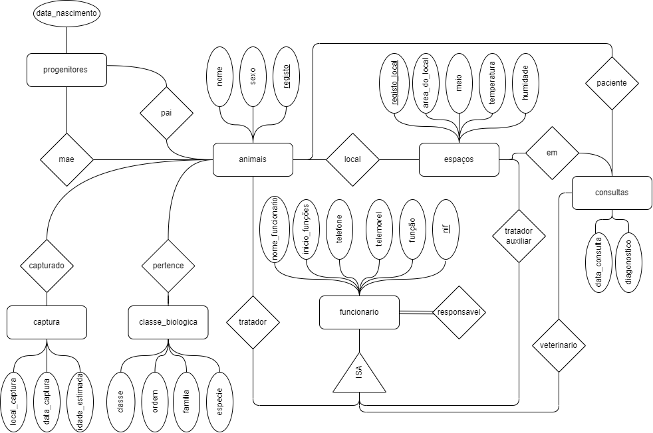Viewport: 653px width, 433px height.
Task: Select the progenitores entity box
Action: click(x=66, y=69)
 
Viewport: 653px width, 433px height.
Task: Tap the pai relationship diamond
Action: click(x=166, y=113)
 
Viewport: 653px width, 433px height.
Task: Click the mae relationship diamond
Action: click(x=66, y=159)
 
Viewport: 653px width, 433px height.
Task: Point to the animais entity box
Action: click(x=253, y=159)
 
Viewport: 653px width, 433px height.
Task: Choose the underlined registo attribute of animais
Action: click(x=286, y=76)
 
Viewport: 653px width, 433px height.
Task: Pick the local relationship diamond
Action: click(x=352, y=159)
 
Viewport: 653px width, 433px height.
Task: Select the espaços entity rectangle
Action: click(x=459, y=159)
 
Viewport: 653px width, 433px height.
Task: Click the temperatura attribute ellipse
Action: click(x=492, y=83)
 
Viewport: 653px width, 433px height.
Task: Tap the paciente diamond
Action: click(x=611, y=84)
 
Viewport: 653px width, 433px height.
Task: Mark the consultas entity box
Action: click(x=611, y=193)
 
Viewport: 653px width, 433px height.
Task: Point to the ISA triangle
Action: click(x=359, y=373)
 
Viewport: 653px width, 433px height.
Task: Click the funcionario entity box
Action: click(x=359, y=312)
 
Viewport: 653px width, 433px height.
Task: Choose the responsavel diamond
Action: click(x=459, y=312)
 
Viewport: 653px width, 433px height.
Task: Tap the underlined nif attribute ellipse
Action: click(x=446, y=229)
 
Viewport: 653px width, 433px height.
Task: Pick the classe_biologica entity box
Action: click(x=168, y=322)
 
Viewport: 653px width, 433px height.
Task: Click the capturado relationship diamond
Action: click(x=47, y=265)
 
